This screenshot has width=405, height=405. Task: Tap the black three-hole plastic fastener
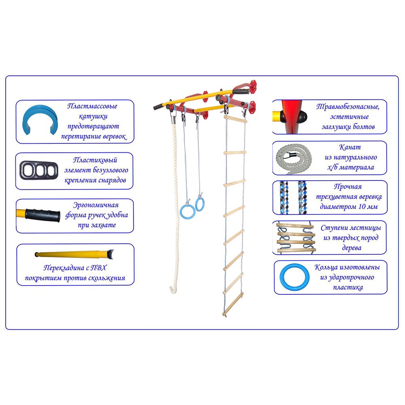39,170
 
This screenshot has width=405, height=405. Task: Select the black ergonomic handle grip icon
43,215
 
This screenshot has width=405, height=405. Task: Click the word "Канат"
350,147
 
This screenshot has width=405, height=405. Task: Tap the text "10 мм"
368,207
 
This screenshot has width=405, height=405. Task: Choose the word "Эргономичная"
96,205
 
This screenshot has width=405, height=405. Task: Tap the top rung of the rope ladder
235,119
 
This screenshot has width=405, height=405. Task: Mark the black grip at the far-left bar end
158,106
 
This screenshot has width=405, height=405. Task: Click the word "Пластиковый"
95,160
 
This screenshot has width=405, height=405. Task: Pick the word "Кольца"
326,267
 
